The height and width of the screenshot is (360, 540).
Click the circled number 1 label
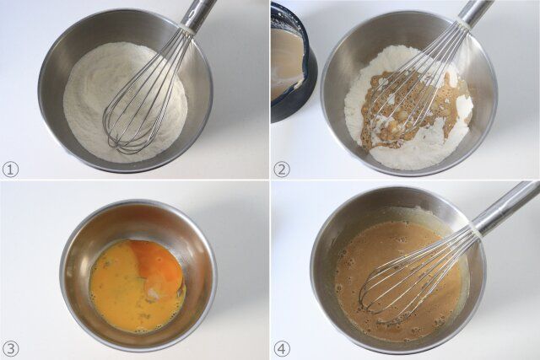coord(11,169)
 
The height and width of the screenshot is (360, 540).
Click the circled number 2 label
coord(282,169)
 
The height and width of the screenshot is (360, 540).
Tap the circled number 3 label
coord(11,348)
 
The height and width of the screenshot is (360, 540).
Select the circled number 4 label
coord(282,348)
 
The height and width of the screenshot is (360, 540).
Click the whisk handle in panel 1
coord(198,13)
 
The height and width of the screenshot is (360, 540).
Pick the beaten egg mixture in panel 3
coord(118,295)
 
